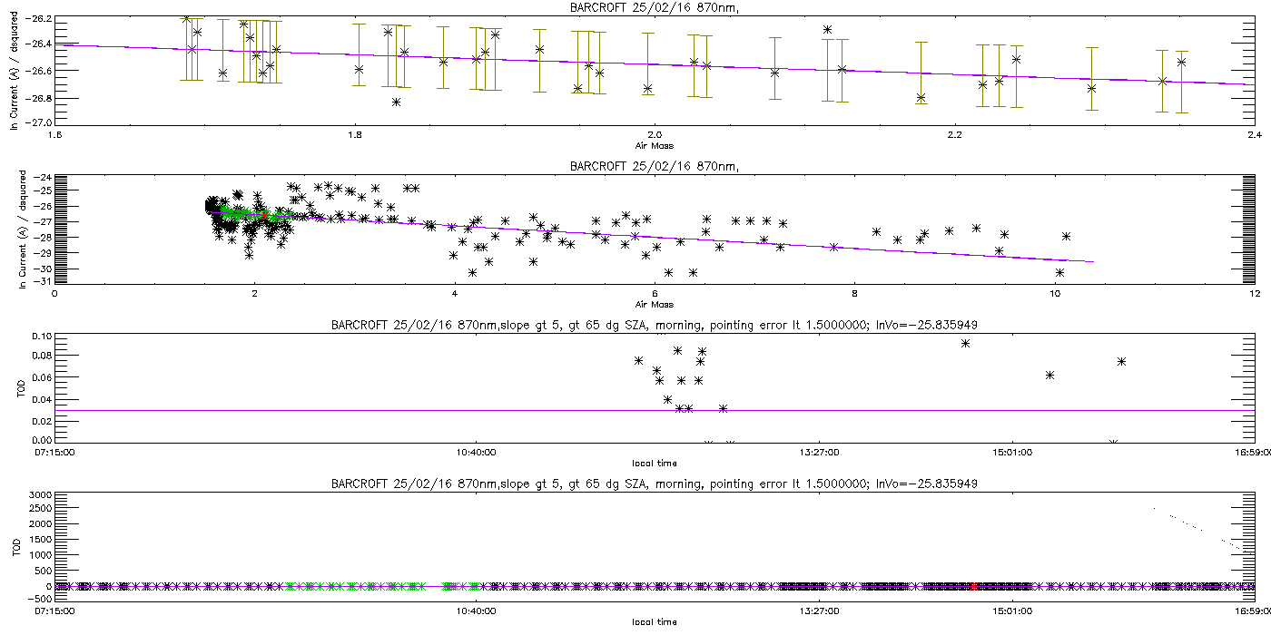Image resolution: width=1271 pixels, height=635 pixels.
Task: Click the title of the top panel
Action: [x=635, y=7]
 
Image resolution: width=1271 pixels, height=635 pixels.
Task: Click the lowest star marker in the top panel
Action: [x=396, y=102]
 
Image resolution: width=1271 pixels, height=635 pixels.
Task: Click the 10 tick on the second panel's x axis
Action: [x=1053, y=293]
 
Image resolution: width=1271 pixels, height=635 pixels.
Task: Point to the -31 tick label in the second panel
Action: [x=42, y=282]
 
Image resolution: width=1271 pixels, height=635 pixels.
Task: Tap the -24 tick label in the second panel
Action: [x=42, y=177]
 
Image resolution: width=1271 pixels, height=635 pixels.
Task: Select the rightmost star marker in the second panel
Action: [x=1067, y=236]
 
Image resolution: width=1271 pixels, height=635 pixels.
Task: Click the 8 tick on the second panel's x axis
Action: [x=854, y=293]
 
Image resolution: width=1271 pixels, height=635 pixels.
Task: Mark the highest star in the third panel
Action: [x=965, y=343]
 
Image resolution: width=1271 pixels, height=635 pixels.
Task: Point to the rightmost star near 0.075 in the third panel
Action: [x=1121, y=361]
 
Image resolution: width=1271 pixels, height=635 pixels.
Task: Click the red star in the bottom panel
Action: [x=973, y=586]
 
